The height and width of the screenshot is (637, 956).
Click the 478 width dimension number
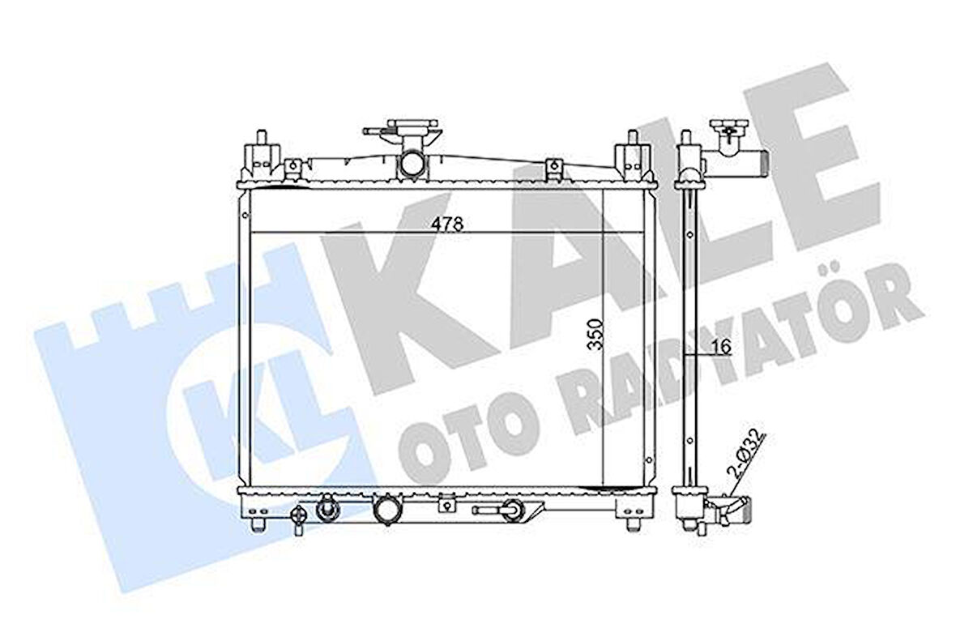point(447,225)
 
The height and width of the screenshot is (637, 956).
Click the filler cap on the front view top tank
point(412,130)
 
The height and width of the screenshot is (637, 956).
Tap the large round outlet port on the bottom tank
point(388,511)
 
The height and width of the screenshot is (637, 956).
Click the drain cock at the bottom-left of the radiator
point(298,519)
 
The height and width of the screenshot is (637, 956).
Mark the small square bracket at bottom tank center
point(445,504)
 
